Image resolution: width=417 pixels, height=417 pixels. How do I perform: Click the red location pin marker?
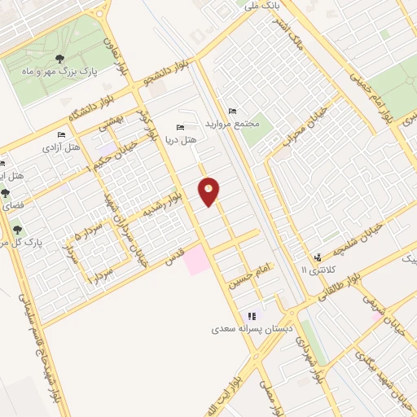(209, 191)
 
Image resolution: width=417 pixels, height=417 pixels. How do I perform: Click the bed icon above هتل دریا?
(181, 127)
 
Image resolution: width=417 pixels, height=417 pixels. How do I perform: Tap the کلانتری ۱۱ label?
(316, 269)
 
